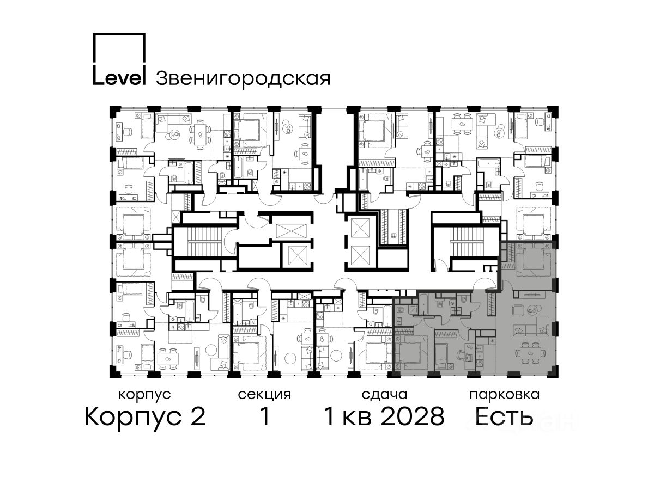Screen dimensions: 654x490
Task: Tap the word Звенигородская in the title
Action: [x=243, y=79]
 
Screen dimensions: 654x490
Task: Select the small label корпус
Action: [x=144, y=395]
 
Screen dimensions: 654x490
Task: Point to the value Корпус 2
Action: [x=145, y=416]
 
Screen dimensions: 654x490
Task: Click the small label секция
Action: [x=264, y=395]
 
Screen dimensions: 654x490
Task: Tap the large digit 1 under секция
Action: [x=265, y=416]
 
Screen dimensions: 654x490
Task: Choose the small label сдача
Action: [x=384, y=395]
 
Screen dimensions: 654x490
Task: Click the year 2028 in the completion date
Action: [x=413, y=416]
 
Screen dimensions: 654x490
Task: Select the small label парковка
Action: [x=505, y=395]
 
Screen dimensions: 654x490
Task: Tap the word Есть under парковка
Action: [x=504, y=416]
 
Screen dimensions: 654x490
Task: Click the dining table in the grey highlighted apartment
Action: [x=530, y=353]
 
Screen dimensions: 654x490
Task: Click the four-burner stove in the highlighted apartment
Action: [x=480, y=363]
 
